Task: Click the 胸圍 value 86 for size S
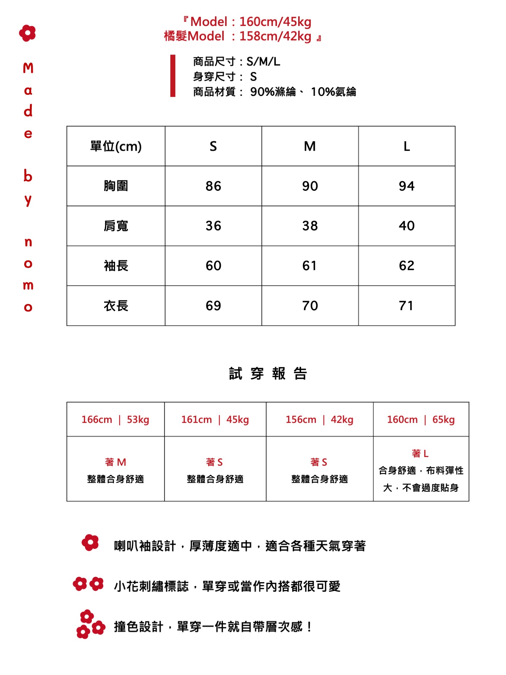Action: click(213, 186)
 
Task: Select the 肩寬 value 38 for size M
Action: click(310, 226)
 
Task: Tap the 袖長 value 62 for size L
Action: click(406, 266)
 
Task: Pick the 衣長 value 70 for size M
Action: click(310, 306)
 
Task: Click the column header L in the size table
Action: click(407, 146)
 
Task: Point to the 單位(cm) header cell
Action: click(116, 146)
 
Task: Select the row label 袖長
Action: click(116, 266)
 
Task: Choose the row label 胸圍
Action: click(116, 186)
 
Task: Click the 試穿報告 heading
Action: click(268, 373)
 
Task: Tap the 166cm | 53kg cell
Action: click(115, 419)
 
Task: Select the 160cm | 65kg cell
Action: click(421, 419)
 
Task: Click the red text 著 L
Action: click(420, 453)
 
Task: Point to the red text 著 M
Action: click(115, 462)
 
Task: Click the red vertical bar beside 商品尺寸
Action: click(173, 76)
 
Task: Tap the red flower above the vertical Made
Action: click(27, 33)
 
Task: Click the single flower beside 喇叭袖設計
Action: click(90, 543)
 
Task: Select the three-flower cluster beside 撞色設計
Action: click(90, 624)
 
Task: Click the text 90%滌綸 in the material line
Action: click(273, 92)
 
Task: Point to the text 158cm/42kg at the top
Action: click(275, 36)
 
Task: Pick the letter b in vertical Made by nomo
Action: click(28, 176)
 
